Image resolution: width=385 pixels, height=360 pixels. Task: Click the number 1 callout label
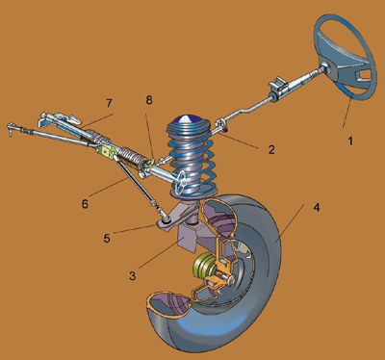(x=350, y=141)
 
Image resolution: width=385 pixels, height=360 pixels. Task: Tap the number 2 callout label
(x=271, y=149)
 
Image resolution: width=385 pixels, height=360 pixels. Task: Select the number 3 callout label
(x=133, y=275)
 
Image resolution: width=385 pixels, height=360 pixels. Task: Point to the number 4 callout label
(x=317, y=207)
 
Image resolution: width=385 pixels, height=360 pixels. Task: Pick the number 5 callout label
(x=107, y=239)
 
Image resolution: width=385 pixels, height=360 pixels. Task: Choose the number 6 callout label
(x=85, y=204)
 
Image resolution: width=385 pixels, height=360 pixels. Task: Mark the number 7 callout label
(x=109, y=103)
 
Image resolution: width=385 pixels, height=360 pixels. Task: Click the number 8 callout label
(x=149, y=100)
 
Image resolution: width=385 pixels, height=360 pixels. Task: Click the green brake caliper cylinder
(x=203, y=266)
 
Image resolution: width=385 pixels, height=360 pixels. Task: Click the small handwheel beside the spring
(x=180, y=181)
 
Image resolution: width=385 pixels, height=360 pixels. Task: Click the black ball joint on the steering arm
(x=167, y=219)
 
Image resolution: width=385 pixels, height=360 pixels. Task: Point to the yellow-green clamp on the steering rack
(x=106, y=151)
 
